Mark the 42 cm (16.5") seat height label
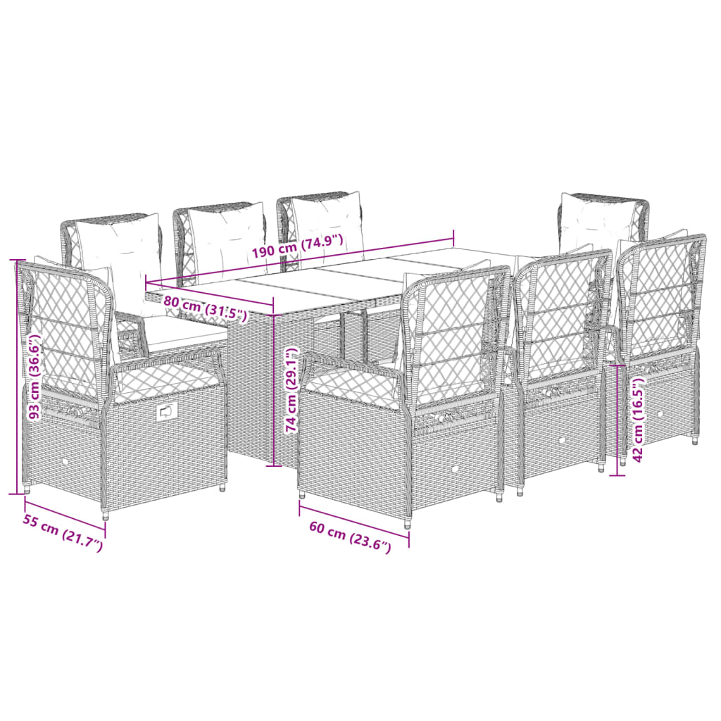point(638,420)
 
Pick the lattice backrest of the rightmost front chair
point(658,296)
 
